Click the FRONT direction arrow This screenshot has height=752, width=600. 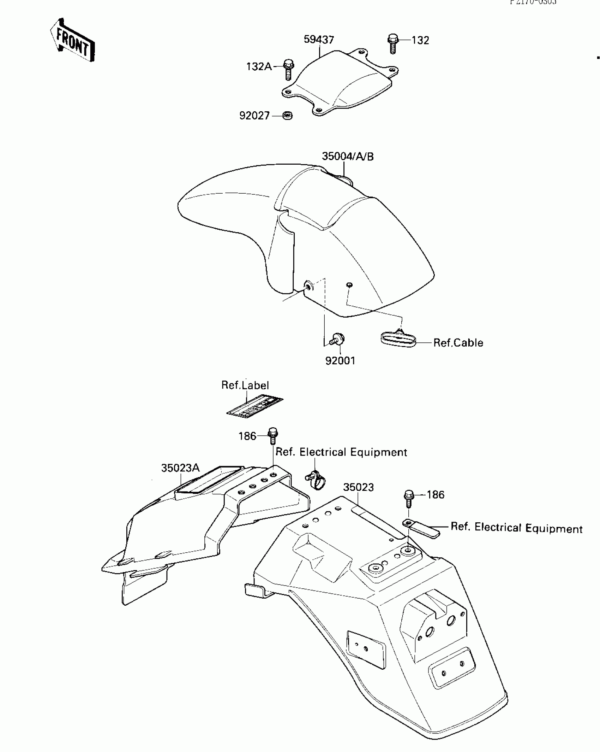tap(72, 40)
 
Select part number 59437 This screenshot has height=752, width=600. tap(319, 40)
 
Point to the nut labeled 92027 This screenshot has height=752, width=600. tap(288, 115)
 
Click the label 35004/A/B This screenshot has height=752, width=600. tap(348, 157)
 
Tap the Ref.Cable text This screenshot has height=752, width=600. tap(458, 343)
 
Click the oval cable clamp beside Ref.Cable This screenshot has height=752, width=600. tap(398, 340)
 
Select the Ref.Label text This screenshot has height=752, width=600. tap(245, 385)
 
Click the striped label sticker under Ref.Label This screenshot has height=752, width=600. tap(255, 406)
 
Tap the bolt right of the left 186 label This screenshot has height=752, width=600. tap(273, 436)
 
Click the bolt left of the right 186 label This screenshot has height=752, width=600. tap(409, 498)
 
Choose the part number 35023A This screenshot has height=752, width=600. tap(180, 468)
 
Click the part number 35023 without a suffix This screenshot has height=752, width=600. tap(358, 487)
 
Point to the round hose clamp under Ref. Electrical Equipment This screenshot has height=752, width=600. tap(316, 480)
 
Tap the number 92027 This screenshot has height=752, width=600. tap(254, 116)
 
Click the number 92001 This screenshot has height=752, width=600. tap(340, 361)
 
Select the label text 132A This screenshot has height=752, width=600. tap(259, 66)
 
